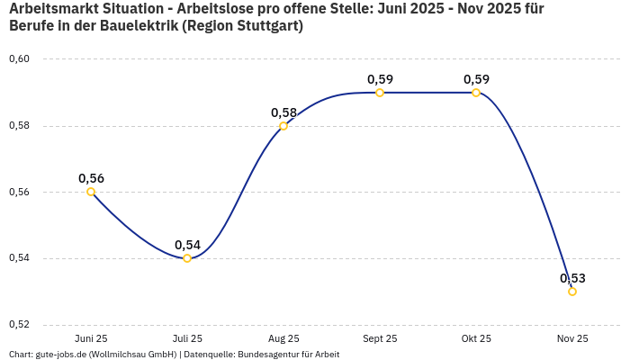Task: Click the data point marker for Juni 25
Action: [91, 192]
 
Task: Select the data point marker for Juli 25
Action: [187, 258]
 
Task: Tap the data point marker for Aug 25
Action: [283, 126]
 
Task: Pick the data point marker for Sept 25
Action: [380, 93]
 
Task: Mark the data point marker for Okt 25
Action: [476, 93]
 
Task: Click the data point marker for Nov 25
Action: [572, 292]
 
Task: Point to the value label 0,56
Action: [91, 178]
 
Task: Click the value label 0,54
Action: [187, 245]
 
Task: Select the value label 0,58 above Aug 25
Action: [283, 112]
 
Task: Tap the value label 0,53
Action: [572, 278]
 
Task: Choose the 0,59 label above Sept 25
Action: [380, 79]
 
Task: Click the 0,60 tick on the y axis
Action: [19, 59]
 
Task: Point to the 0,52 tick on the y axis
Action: [19, 325]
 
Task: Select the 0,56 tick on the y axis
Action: [19, 192]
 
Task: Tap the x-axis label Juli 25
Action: [187, 338]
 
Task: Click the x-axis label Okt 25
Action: [476, 338]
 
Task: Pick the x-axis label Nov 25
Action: [572, 338]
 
